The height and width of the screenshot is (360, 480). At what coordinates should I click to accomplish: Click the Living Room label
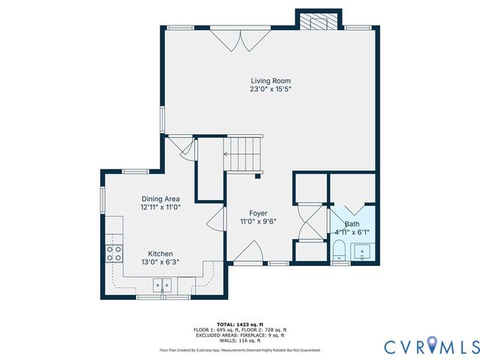270,81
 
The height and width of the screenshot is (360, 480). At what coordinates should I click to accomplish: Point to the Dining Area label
160,199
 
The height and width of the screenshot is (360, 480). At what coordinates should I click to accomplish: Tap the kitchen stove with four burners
114,253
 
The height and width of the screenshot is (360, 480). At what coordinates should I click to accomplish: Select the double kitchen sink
163,285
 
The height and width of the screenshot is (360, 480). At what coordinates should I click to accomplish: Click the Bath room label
351,224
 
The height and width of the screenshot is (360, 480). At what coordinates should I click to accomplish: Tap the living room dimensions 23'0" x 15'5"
270,89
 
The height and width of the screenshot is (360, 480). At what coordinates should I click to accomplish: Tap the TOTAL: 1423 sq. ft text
240,324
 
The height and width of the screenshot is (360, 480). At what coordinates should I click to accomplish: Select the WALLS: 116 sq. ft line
240,340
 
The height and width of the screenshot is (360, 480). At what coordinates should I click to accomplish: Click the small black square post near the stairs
258,177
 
